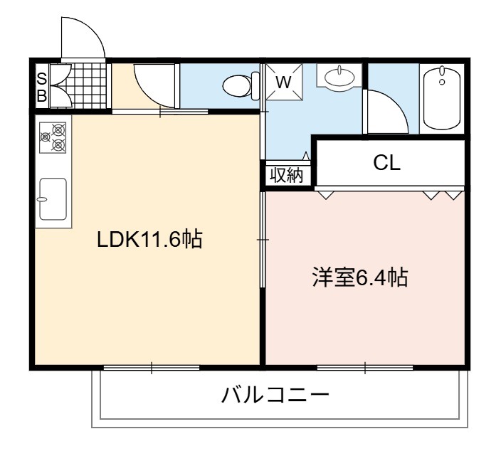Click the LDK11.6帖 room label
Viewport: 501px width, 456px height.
(x=149, y=240)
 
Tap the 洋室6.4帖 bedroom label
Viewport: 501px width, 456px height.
(x=360, y=277)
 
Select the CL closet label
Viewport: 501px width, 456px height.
(x=386, y=163)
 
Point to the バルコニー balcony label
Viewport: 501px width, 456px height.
(x=275, y=395)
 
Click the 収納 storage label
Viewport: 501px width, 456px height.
(x=287, y=175)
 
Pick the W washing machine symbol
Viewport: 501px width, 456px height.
(x=284, y=82)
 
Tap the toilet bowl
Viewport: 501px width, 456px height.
(x=237, y=86)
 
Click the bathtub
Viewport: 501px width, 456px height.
(x=442, y=99)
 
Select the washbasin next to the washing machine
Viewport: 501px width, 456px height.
(x=339, y=77)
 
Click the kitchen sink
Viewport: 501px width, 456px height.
(x=53, y=199)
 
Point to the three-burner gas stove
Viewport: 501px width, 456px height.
(x=53, y=137)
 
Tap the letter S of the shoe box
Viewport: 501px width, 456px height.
(x=42, y=79)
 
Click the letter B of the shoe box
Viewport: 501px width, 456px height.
(x=42, y=95)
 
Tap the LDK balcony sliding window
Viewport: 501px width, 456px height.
(x=152, y=368)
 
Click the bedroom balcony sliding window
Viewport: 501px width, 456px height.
(x=365, y=368)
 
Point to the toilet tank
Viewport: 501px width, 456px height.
(x=255, y=85)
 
